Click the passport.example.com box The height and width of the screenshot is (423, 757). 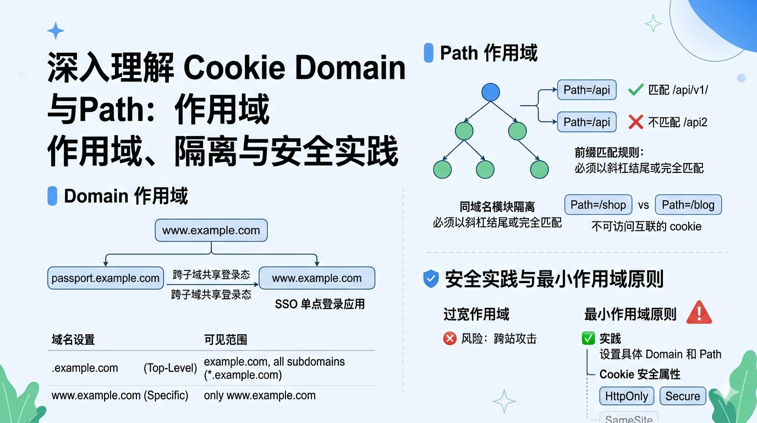point(106,278)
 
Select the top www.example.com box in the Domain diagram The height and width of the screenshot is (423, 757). point(211,230)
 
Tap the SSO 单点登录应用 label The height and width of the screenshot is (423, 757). point(320,304)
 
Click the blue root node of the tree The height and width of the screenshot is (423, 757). point(490,92)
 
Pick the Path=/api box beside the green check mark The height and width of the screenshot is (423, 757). point(586,90)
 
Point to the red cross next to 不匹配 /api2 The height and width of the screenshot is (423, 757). point(635,122)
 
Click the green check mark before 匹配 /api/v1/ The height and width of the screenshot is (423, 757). point(635,89)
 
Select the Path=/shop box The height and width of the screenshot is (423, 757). point(598,205)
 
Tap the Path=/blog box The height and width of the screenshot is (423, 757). point(688,205)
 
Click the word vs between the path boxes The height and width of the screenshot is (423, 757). point(644,205)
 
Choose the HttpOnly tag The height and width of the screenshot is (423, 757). point(626,396)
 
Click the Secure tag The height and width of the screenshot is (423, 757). point(682,396)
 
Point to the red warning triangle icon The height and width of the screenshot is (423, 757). point(699,312)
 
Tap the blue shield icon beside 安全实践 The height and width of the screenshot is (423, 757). point(431,279)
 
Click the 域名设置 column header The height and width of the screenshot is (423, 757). point(73,340)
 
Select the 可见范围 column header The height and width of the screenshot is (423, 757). point(226,340)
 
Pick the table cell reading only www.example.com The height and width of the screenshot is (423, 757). point(260,395)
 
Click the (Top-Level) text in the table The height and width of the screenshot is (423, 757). point(170,368)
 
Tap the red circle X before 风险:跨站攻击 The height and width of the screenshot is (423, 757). point(449,338)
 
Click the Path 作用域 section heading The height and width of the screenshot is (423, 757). point(489,53)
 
